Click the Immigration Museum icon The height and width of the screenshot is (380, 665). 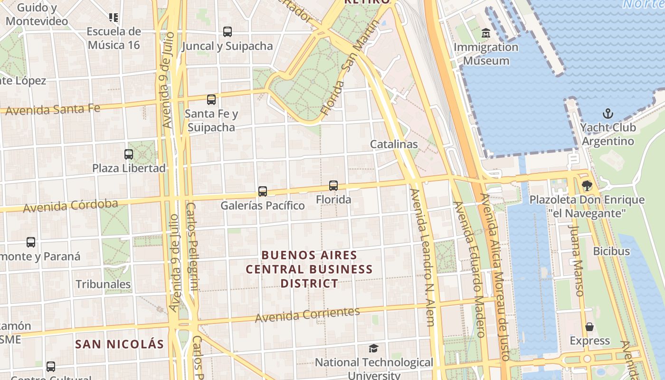[486, 33]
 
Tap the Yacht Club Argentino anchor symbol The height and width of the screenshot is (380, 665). [608, 114]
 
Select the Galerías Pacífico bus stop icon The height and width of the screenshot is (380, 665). [263, 191]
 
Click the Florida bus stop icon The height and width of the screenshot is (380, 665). [333, 186]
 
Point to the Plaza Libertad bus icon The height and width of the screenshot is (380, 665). [129, 154]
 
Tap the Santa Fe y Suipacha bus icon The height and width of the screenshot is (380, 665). [211, 100]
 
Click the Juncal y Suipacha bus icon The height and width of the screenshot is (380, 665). [228, 32]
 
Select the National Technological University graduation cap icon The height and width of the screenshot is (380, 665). [374, 349]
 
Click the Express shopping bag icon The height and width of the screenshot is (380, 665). [589, 327]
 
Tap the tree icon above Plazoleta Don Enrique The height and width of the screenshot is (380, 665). [587, 186]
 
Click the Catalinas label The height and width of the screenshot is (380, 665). [394, 144]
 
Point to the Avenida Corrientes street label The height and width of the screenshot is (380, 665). [307, 314]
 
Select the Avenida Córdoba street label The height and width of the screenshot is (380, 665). [70, 206]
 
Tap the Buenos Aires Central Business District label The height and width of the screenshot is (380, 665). [309, 269]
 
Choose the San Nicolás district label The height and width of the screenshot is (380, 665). [119, 344]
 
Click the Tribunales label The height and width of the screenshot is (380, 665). [103, 284]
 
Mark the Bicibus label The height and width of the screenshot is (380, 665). [611, 251]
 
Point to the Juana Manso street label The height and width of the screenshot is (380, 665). [576, 260]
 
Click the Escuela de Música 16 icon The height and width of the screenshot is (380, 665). [114, 18]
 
